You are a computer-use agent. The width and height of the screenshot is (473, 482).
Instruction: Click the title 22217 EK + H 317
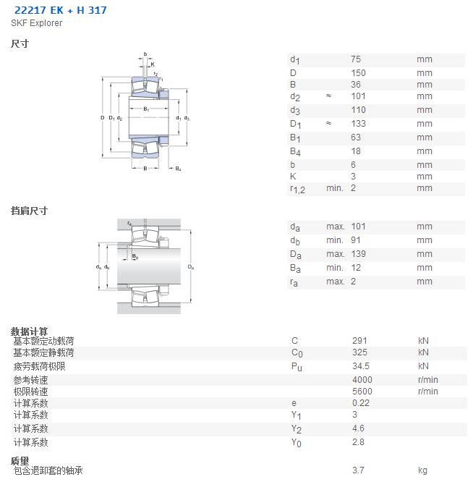tap(61, 10)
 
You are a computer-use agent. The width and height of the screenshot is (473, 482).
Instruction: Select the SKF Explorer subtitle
tap(37, 23)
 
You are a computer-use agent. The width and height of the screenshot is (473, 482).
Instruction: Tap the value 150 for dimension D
tap(358, 73)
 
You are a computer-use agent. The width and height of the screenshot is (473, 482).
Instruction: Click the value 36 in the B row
tap(356, 85)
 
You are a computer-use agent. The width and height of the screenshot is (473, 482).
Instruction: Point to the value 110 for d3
tap(358, 110)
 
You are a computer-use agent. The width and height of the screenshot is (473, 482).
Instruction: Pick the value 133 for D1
tap(358, 124)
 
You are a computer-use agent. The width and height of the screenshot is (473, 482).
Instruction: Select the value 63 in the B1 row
tap(356, 137)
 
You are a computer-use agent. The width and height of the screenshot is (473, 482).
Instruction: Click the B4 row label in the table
tap(296, 151)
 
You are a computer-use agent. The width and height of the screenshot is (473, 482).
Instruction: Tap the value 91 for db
tap(356, 240)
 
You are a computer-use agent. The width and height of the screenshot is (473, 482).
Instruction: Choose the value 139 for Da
tap(358, 254)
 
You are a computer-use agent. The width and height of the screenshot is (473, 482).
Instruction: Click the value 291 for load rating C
tap(359, 341)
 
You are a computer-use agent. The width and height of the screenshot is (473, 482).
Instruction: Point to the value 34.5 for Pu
tap(361, 366)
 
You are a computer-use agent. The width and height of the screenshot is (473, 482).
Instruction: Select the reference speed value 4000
tap(362, 380)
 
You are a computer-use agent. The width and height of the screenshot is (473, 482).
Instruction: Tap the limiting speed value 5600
tap(362, 392)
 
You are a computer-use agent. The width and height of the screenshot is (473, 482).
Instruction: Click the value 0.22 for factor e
tap(361, 403)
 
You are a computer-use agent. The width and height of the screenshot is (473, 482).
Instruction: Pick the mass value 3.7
tap(358, 470)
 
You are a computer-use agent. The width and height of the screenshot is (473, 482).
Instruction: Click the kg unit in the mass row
tap(422, 471)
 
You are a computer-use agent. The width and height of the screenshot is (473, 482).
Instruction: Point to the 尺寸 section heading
tap(20, 43)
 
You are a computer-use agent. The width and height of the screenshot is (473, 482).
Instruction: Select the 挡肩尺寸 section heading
tap(29, 211)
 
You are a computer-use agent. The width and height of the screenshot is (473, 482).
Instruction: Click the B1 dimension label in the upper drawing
tap(146, 109)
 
